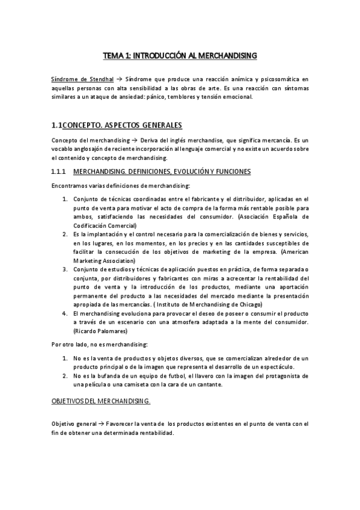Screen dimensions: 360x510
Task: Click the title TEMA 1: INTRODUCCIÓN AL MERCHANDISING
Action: tap(180, 55)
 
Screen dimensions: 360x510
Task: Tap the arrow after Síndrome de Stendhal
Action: tap(119, 79)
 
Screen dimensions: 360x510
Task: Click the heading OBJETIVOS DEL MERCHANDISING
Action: tap(101, 401)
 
